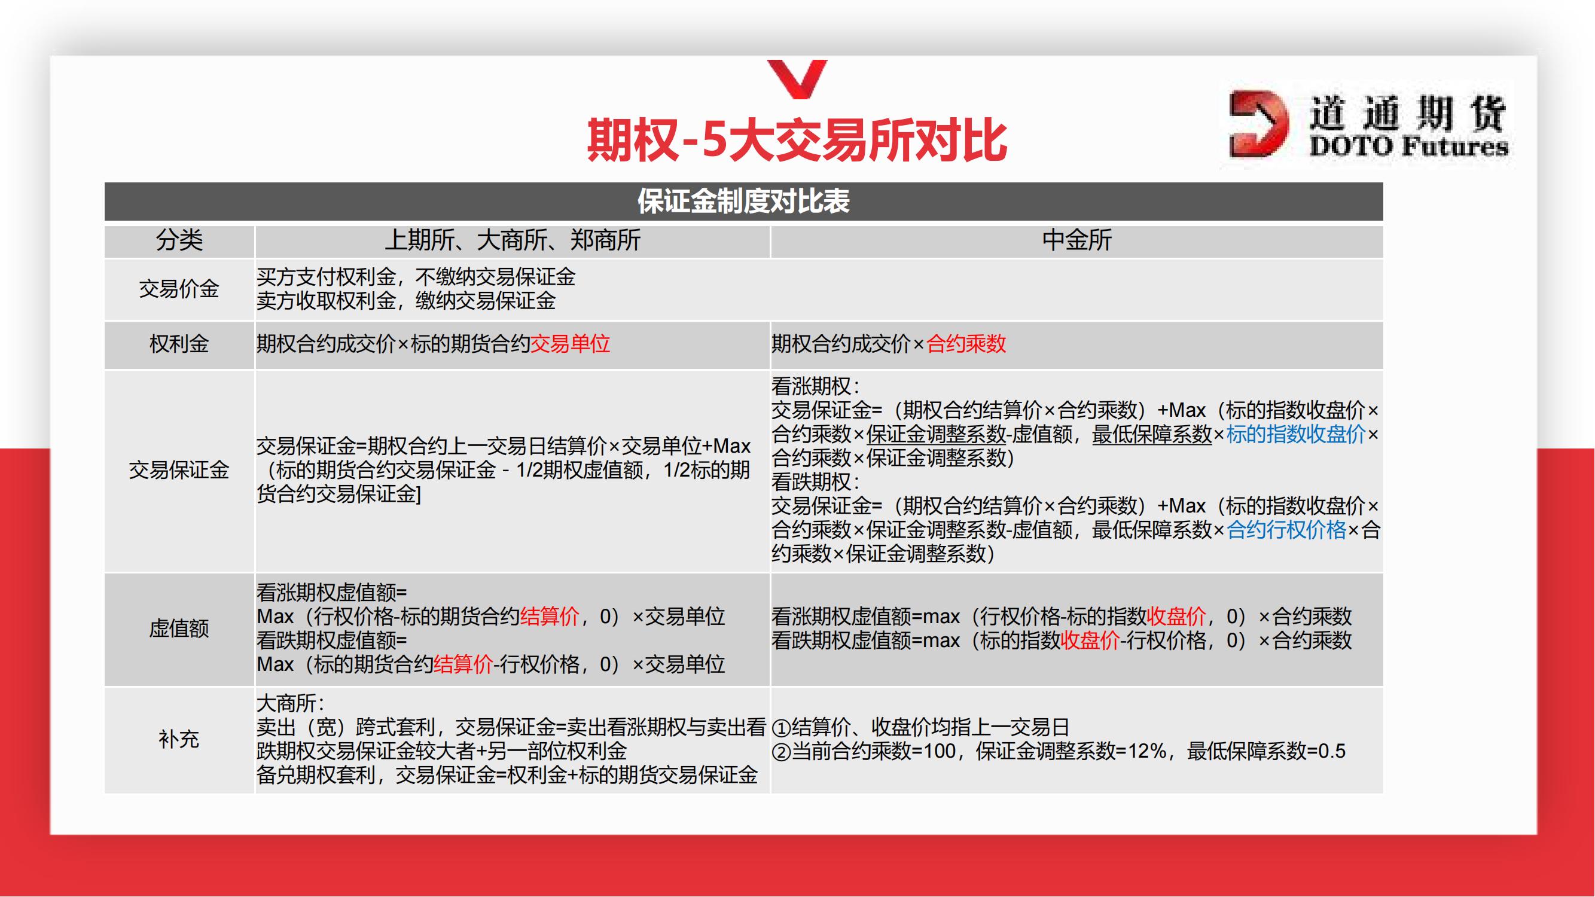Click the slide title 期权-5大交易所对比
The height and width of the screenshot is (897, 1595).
coord(796,140)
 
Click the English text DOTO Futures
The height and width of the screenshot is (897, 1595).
coord(1408,147)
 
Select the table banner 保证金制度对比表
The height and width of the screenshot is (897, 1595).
coord(743,201)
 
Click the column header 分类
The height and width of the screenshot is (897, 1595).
coord(179,240)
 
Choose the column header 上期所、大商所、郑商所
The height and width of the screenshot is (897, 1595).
coord(512,240)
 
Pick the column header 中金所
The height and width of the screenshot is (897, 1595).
coord(1076,240)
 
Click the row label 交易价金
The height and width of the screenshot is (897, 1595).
coord(179,288)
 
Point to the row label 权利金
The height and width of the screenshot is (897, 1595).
coord(179,344)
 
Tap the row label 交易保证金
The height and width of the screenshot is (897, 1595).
coord(179,471)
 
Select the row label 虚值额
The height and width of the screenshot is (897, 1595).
coord(179,629)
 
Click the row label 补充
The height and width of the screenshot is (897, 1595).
coord(179,739)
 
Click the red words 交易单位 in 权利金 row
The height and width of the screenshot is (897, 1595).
coord(571,344)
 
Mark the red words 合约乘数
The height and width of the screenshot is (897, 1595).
coord(966,344)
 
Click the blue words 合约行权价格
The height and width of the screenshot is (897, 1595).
coord(1286,530)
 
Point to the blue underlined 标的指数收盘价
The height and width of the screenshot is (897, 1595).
coord(1295,435)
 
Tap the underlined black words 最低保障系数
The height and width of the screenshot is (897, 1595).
coord(1152,435)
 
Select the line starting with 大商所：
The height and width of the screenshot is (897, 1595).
coord(291,704)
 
